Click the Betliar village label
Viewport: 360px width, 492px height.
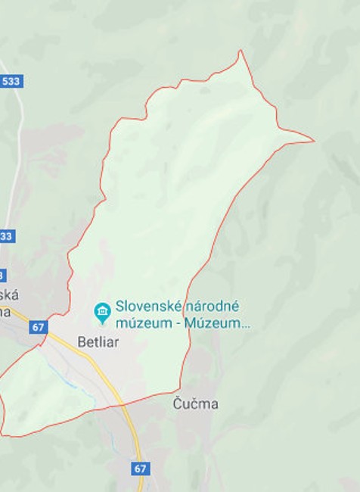[98, 341]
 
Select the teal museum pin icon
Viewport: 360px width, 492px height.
[102, 311]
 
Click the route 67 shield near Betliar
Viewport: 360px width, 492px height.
[39, 327]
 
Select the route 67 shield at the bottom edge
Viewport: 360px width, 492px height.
[140, 469]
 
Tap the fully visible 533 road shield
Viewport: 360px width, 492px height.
[11, 81]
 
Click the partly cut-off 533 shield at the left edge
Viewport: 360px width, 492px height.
[6, 236]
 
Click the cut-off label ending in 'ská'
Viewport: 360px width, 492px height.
[10, 295]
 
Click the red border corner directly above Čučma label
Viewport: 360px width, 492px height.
[180, 389]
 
